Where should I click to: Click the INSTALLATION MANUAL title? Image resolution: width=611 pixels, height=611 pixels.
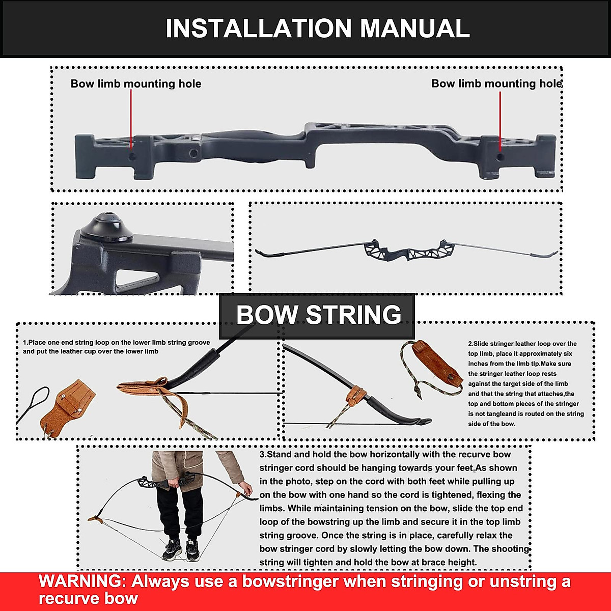click(x=317, y=29)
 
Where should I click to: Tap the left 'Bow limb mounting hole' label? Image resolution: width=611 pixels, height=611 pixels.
click(x=135, y=84)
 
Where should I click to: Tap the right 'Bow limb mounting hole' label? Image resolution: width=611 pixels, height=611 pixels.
click(x=496, y=84)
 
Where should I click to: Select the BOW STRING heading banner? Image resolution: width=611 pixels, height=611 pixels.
click(x=318, y=315)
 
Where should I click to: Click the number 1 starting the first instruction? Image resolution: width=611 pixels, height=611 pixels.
click(x=25, y=343)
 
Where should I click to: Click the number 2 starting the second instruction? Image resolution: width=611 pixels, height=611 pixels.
click(x=470, y=344)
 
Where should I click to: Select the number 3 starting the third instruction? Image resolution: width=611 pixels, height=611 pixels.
click(x=262, y=455)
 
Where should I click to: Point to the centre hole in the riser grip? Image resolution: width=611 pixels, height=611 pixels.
click(x=193, y=153)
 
